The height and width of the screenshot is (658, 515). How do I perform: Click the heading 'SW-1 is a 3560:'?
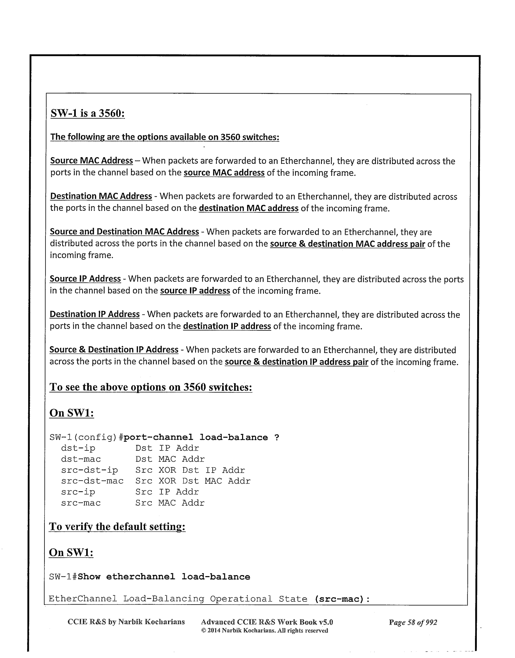(x=88, y=113)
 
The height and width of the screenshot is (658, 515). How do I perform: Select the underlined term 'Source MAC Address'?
(x=91, y=161)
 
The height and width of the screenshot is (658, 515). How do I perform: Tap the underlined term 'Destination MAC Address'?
(x=101, y=196)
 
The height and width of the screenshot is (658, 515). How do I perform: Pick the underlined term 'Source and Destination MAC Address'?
(x=124, y=231)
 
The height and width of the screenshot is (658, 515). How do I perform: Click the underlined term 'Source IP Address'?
(x=85, y=279)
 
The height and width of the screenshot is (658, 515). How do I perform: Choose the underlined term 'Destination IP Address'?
(x=94, y=314)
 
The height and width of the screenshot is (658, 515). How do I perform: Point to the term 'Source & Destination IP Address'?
(x=114, y=349)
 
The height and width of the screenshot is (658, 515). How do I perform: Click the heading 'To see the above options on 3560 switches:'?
(x=150, y=387)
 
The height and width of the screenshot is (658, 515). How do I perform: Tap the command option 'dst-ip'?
(x=78, y=448)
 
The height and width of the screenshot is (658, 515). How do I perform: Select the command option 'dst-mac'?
(x=81, y=459)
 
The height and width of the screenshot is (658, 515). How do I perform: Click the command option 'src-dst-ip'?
(x=89, y=470)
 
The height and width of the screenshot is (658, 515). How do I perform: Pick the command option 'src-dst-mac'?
(x=92, y=481)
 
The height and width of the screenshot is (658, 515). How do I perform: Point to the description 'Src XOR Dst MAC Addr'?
(x=193, y=481)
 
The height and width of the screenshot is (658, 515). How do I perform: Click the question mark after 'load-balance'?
(x=276, y=437)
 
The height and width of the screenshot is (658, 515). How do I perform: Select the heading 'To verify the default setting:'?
(x=117, y=526)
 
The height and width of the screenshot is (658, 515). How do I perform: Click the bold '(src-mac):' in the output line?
(x=342, y=599)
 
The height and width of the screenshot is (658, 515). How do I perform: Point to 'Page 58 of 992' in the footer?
(x=413, y=622)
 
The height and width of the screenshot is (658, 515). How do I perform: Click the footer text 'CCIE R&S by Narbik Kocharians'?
(x=126, y=622)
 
